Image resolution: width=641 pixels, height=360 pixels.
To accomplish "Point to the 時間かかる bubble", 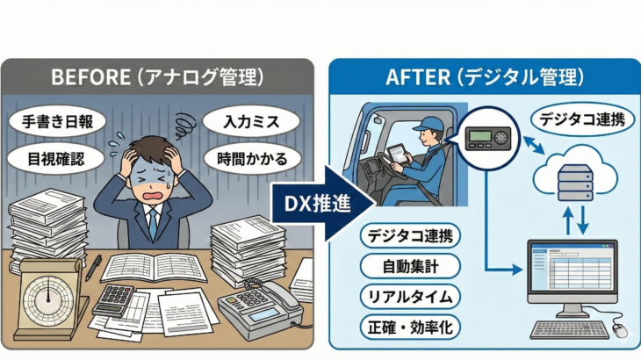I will click(x=253, y=158).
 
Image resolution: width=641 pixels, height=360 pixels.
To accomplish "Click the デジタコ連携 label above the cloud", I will click(x=583, y=119).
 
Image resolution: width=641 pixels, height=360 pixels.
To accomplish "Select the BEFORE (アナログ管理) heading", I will click(x=157, y=76).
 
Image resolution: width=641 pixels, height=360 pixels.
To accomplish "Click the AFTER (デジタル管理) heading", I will click(x=484, y=76).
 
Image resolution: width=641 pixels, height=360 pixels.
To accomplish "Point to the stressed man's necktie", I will click(x=154, y=224).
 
